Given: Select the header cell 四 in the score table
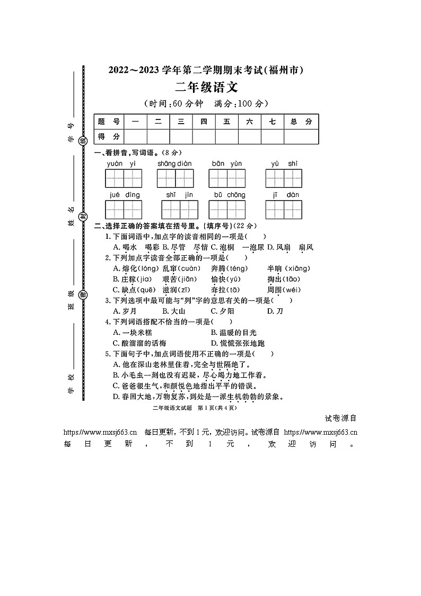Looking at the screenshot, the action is pos(204,122).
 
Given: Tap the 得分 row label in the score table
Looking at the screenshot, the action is pos(108,136).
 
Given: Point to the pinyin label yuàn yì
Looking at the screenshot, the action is pos(121,163).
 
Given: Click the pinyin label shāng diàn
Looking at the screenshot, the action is pos(174,163).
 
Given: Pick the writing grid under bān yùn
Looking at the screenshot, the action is pos(227,178).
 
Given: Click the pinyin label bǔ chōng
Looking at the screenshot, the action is pos(230,195).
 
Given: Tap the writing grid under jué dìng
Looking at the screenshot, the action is pos(125,210).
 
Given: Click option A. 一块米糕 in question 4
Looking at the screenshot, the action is pos(133,332).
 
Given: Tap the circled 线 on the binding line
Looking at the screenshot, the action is pos(83,140).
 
